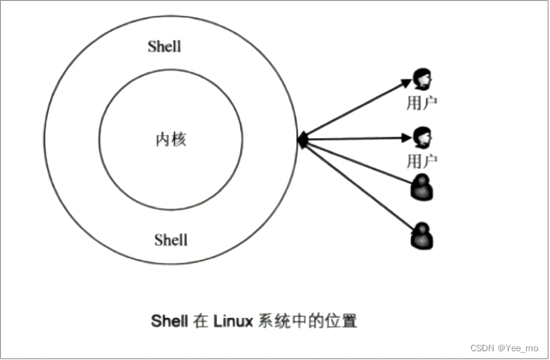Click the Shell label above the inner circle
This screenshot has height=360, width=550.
(165, 46)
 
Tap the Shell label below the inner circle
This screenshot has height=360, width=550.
(171, 238)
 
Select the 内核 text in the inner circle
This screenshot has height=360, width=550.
(171, 140)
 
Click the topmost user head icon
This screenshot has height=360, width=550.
(422, 79)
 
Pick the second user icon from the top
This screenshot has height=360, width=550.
(422, 137)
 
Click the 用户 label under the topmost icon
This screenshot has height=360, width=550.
(422, 103)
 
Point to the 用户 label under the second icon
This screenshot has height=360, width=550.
(422, 161)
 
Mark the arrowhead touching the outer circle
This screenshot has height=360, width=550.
(303, 140)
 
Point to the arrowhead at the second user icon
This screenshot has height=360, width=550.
(406, 138)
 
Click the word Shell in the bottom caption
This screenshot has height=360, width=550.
(169, 321)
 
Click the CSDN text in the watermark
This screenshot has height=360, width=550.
(482, 348)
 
